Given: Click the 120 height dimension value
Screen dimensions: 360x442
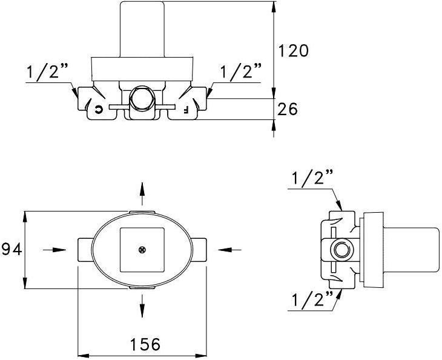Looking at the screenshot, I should pyautogui.click(x=293, y=51).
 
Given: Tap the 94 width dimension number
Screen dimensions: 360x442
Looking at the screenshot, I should pyautogui.click(x=11, y=249).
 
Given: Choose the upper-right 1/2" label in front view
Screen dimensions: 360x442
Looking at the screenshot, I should pyautogui.click(x=240, y=72).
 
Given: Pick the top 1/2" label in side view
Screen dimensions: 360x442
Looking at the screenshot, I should pyautogui.click(x=312, y=179).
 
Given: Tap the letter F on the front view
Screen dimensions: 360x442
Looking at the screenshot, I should pyautogui.click(x=185, y=109).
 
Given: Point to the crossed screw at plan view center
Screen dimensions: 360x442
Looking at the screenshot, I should pyautogui.click(x=142, y=249).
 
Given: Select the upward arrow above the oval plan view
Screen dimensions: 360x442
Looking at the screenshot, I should pyautogui.click(x=142, y=192).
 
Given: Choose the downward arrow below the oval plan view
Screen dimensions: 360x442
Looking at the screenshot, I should pyautogui.click(x=142, y=305).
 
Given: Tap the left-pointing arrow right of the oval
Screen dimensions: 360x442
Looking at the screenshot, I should pyautogui.click(x=230, y=249).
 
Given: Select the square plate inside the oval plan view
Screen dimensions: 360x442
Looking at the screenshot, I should pyautogui.click(x=142, y=249).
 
